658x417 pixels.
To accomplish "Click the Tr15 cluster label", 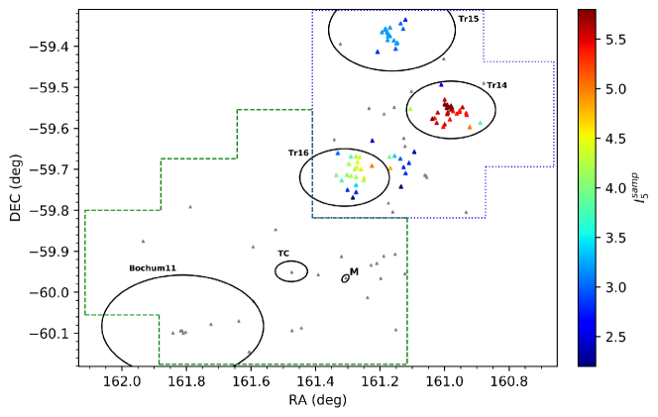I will click(469, 19).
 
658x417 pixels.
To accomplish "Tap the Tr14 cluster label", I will click(496, 85).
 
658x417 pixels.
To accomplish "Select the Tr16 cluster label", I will click(298, 153).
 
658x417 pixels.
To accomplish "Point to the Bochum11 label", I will click(153, 268).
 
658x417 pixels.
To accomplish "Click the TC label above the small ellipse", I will click(283, 253).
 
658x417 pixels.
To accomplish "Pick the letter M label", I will click(354, 271).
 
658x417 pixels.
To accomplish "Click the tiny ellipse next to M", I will click(345, 278).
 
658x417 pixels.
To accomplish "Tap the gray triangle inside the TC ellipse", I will click(291, 271).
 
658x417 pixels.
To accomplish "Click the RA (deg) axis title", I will click(316, 399).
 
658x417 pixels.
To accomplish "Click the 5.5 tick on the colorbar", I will click(616, 39).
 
